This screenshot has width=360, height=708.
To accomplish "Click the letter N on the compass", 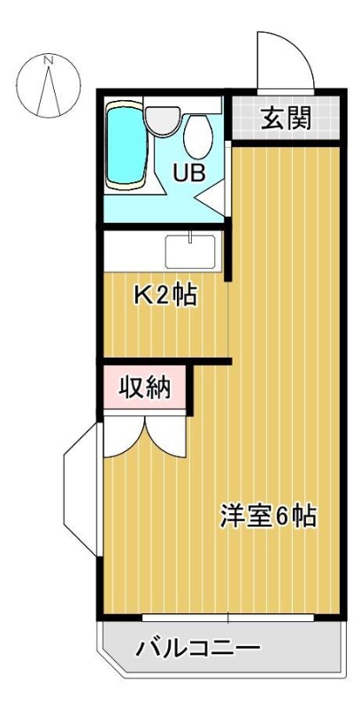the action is (49, 59).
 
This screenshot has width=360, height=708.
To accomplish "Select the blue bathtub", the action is (126, 143).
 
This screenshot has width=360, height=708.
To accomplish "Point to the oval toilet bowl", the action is (198, 136).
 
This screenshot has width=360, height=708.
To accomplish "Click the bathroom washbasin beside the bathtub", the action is (163, 120).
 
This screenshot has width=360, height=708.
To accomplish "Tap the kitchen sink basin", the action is (190, 252).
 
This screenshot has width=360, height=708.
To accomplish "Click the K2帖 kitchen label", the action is (165, 296).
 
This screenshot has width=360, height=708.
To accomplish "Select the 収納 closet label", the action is (145, 388).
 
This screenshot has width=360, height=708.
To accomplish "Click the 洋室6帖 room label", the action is (268, 516).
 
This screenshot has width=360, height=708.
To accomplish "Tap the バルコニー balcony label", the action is (198, 649).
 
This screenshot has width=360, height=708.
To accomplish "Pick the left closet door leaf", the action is (125, 437).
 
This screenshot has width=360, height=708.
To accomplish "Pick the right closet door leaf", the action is (165, 437).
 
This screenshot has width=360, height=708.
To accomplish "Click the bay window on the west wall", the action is (81, 489).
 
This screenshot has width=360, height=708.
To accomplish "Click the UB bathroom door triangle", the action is (211, 194).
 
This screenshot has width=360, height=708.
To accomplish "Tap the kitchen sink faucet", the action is (190, 236).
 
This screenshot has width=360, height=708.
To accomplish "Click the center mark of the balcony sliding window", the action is (228, 617).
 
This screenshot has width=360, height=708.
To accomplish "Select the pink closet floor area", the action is (144, 388).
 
